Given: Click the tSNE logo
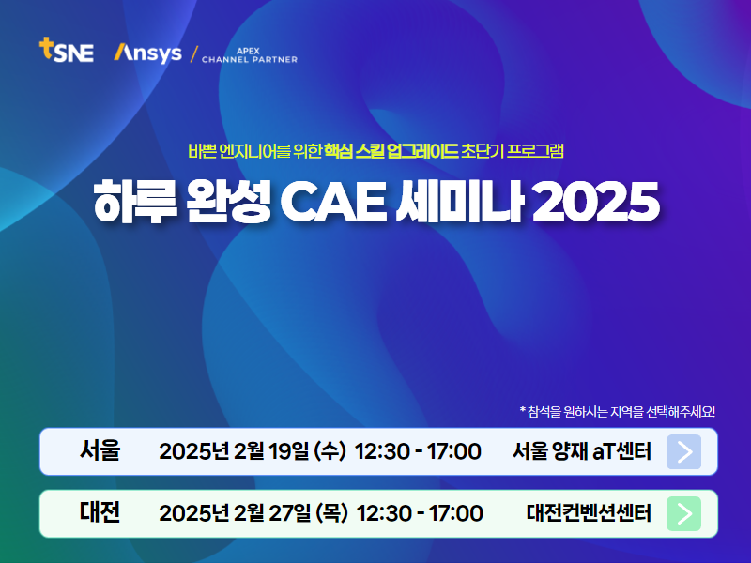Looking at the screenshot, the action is coord(66,50).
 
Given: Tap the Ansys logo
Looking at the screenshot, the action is coord(148,53).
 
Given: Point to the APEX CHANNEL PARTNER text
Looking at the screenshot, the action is coord(250,55).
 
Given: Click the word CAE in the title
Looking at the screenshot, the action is coord(333,202).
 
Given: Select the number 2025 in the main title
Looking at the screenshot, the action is coord(595,202).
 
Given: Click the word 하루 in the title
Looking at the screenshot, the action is coord(135,202).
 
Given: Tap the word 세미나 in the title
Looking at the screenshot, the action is coord(459,202).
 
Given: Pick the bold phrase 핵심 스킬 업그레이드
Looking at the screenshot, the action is coord(391,151).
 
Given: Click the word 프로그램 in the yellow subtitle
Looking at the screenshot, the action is coord(535,151).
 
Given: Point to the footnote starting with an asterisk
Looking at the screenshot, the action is coord(618,411).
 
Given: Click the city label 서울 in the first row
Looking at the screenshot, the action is coord(100,450).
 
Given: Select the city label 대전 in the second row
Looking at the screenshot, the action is coord(100,512).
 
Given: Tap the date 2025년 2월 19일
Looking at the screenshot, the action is coord(234,451).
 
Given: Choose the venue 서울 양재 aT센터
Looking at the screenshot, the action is coord(582,451).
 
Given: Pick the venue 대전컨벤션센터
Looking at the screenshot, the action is coord(589,512).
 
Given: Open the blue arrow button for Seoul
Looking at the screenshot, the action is coord(684,451).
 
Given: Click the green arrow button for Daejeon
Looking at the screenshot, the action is coord(684,513).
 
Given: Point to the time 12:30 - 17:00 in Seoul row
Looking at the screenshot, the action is coord(418,451).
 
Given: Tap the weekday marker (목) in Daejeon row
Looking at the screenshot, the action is coord(331,512).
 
